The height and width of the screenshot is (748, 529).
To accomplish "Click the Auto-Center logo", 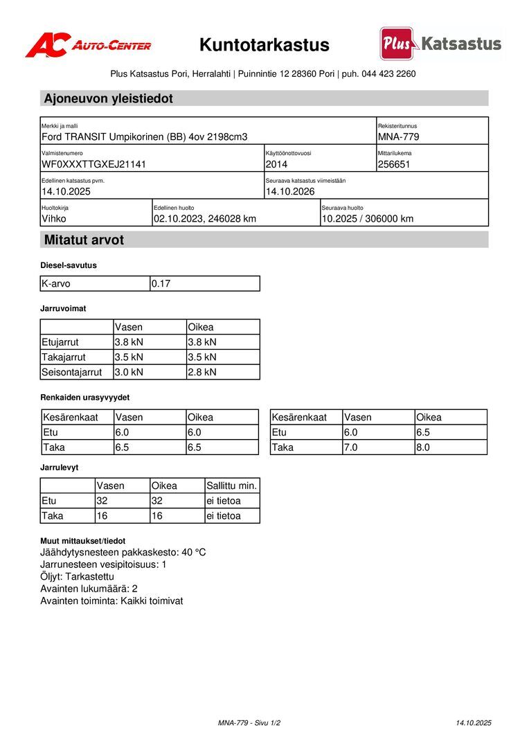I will [x=88, y=46].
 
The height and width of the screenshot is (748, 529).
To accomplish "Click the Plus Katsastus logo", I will [x=440, y=44].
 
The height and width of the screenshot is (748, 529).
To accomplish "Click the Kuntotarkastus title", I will [x=264, y=46].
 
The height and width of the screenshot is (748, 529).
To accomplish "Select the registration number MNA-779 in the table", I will [x=398, y=137].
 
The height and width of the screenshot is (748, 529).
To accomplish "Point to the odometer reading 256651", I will [x=394, y=164].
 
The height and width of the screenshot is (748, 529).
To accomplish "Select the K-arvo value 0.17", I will [x=161, y=283].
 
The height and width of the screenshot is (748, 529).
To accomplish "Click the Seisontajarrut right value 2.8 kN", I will [x=202, y=372].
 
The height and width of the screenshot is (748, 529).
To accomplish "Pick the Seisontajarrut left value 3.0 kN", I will [x=129, y=372].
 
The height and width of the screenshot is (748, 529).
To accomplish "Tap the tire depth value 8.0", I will [x=422, y=447].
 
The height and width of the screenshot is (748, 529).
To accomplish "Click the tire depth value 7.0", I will [x=351, y=447].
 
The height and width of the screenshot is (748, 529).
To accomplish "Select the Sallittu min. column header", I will [x=231, y=486].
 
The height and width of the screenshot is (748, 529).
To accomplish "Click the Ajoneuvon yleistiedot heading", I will [x=109, y=98].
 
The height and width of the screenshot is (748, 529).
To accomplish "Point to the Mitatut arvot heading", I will [x=84, y=240].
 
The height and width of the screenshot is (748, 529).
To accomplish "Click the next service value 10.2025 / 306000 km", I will [x=367, y=219].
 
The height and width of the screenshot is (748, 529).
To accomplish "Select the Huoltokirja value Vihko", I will [x=54, y=219].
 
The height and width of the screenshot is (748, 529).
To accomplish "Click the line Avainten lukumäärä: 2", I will [x=89, y=589].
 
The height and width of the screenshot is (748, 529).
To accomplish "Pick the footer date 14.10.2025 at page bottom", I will [x=474, y=723].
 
